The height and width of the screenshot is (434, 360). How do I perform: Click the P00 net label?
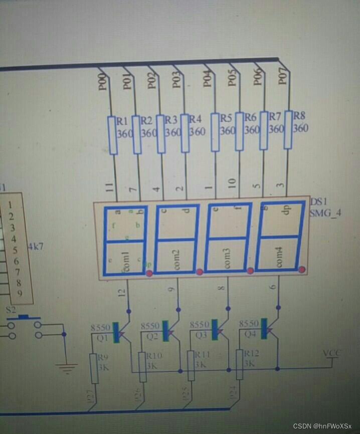tap(102, 82)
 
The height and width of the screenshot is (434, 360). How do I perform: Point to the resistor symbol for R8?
tap(288, 130)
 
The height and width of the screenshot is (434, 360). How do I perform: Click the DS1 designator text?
tap(318, 201)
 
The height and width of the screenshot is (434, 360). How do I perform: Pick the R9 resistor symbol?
tap(93, 368)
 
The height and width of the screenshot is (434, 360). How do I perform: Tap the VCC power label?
tap(331, 353)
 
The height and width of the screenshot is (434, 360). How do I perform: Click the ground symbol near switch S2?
tap(64, 369)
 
